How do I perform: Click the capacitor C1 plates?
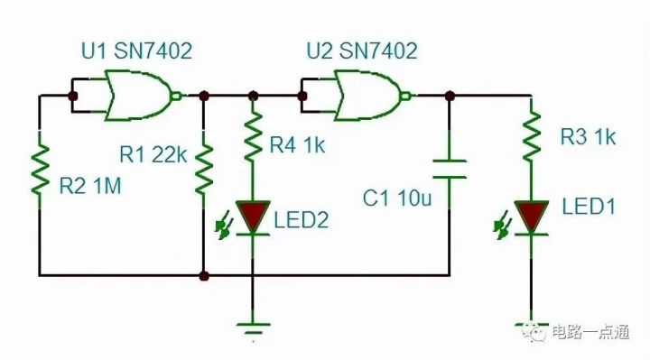(449, 169)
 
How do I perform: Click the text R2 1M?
(90, 188)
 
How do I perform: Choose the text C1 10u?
(395, 199)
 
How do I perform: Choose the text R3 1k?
(587, 137)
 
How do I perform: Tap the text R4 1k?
(300, 143)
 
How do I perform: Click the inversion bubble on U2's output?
(409, 95)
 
